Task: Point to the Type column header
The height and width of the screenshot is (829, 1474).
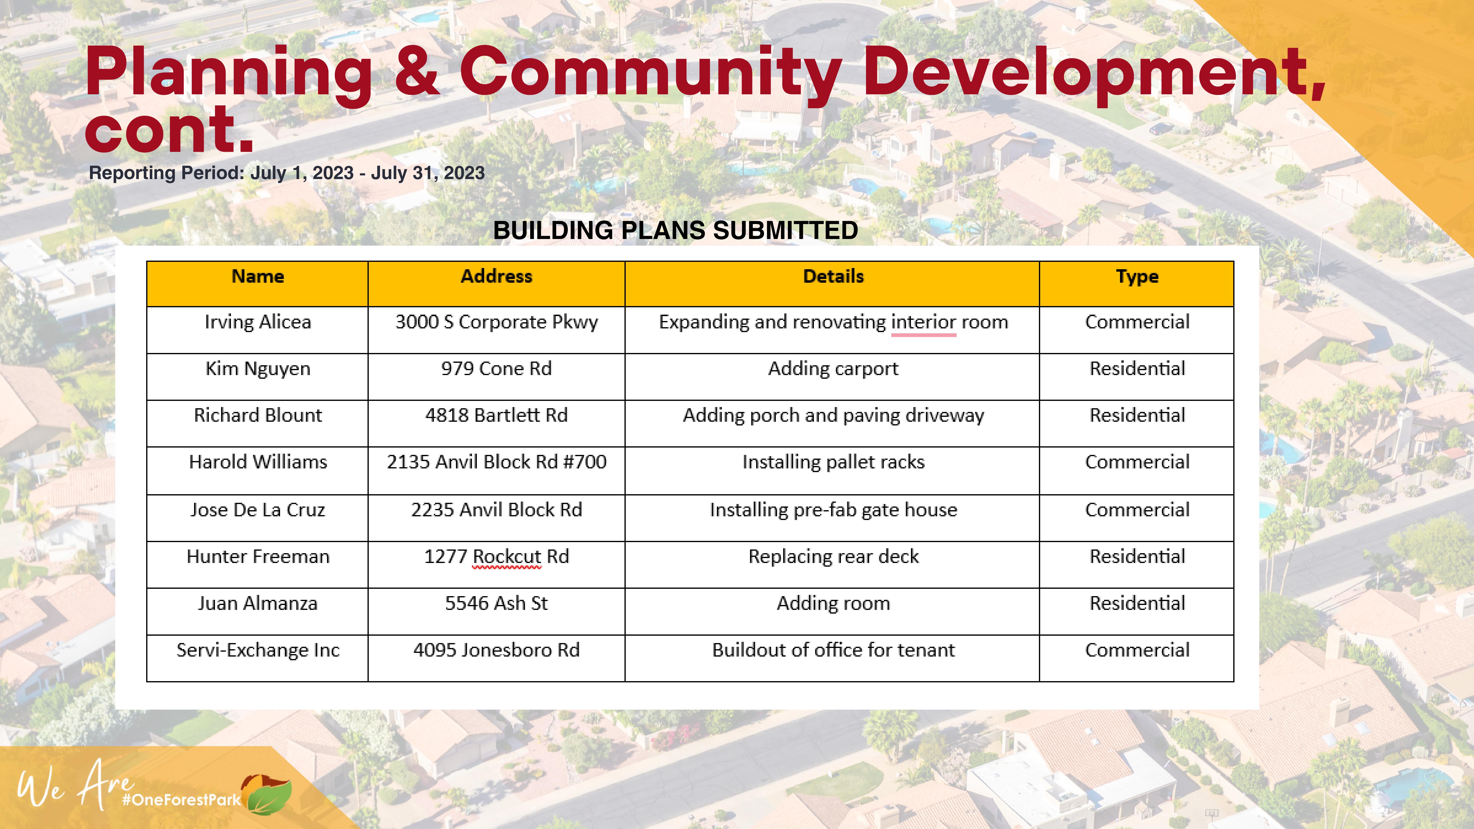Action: [x=1137, y=277]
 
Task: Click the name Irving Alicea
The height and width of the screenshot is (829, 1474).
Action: [x=257, y=322]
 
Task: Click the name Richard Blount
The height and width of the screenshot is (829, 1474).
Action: [x=257, y=415]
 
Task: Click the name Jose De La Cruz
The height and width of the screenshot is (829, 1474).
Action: [x=257, y=510]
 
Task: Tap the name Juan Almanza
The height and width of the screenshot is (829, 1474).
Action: [x=257, y=604]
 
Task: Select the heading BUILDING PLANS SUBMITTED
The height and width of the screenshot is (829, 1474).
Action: [x=675, y=231]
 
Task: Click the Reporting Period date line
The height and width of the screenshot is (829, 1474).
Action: [x=287, y=173]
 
